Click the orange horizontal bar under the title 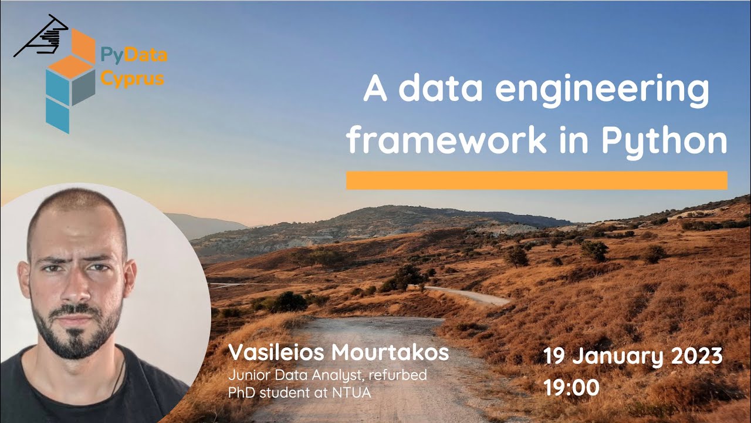pyautogui.click(x=536, y=180)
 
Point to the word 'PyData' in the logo pyautogui.click(x=134, y=56)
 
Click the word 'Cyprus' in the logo pyautogui.click(x=132, y=78)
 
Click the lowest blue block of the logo pyautogui.click(x=58, y=115)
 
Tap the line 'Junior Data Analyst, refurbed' pyautogui.click(x=327, y=375)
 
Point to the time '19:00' pyautogui.click(x=571, y=388)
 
